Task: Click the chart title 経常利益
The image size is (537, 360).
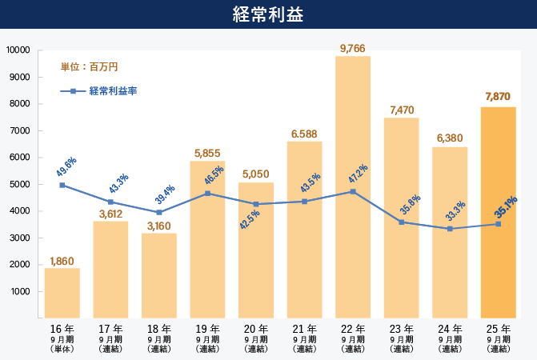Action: coord(268,14)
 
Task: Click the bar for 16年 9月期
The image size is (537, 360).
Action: coord(62,292)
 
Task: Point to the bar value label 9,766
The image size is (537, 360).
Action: coord(353,49)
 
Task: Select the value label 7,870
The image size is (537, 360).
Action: coord(498,97)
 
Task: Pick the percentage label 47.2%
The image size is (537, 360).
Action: coord(358,174)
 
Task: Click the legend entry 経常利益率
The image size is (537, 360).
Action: coord(113,91)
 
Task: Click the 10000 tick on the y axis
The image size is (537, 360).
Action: coord(17,50)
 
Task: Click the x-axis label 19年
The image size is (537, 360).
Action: coord(207,329)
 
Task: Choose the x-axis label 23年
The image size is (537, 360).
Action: coord(401,329)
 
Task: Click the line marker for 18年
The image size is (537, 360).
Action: coord(158,212)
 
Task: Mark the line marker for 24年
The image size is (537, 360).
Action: coord(450,229)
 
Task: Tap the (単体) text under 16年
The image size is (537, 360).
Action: coord(62,349)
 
